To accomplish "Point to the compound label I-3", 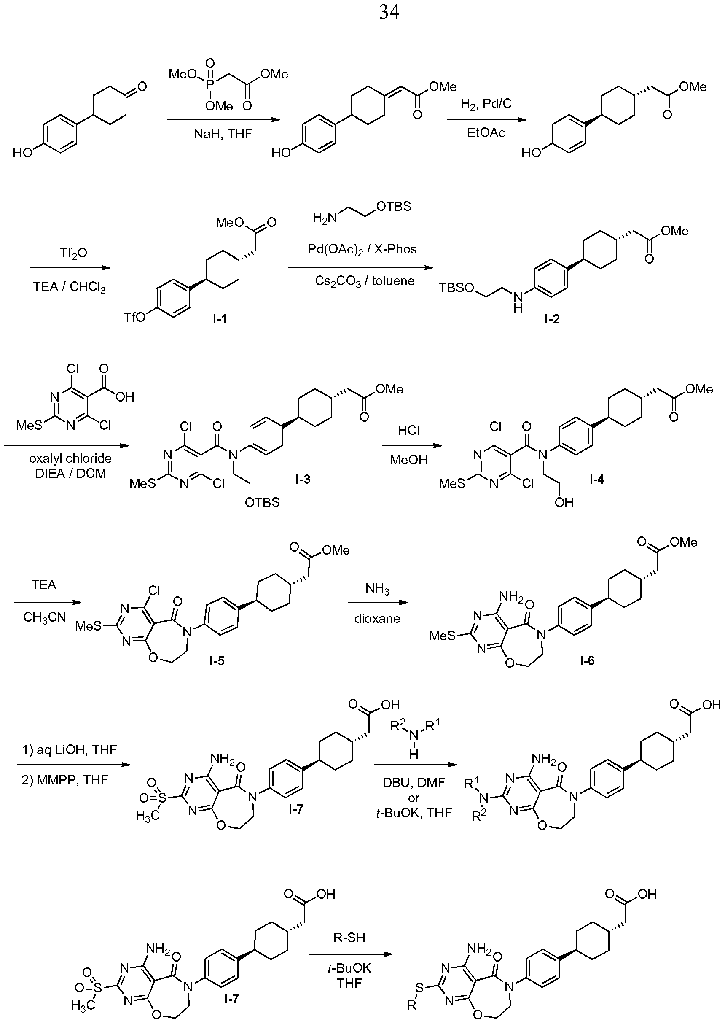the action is [x=303, y=479].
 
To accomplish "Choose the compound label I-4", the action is [x=597, y=479].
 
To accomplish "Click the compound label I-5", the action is [x=217, y=660].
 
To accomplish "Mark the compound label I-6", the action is [x=587, y=660].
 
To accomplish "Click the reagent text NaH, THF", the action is [x=223, y=134].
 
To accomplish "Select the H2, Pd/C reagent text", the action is [x=486, y=104].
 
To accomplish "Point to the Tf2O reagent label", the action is [x=73, y=253].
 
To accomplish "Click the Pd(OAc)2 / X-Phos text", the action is [x=362, y=249].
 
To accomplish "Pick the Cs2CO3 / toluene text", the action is [x=365, y=281].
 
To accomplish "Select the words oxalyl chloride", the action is [x=70, y=458].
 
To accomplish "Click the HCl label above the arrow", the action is [x=409, y=430].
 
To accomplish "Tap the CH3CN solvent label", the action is [x=45, y=617].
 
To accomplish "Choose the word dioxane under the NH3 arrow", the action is [x=377, y=619].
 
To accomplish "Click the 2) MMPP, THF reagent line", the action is [x=65, y=780].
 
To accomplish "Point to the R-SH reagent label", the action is [x=349, y=938].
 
